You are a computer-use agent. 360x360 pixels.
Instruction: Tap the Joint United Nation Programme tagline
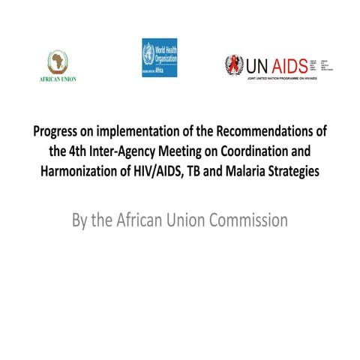(x=288, y=78)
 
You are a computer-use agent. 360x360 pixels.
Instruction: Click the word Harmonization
(x=79, y=170)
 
